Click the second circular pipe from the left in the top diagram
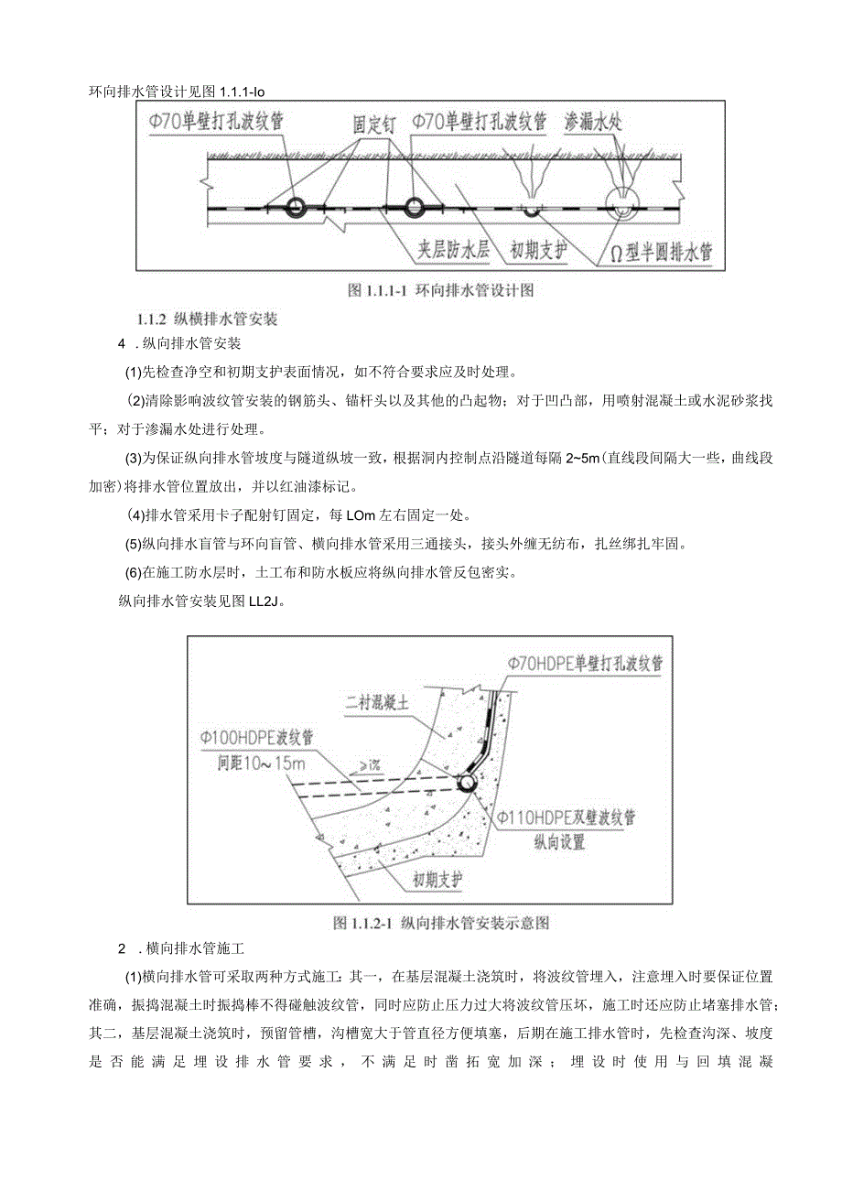pyautogui.click(x=414, y=207)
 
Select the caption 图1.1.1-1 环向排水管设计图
pyautogui.click(x=440, y=291)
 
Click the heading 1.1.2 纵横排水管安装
pyautogui.click(x=206, y=319)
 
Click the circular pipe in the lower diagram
pyautogui.click(x=467, y=784)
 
